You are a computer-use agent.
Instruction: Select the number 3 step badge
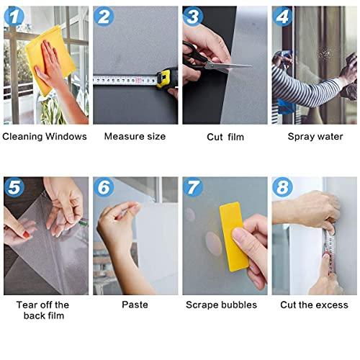click(x=193, y=17)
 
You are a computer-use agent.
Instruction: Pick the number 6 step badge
click(x=104, y=188)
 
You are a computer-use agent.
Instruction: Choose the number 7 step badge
click(x=193, y=188)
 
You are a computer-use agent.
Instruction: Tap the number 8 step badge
click(x=283, y=188)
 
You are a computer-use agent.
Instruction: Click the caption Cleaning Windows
click(x=45, y=136)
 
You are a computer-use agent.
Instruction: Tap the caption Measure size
click(x=135, y=136)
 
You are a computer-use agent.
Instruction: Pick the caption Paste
click(x=135, y=305)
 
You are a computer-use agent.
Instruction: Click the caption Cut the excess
click(x=314, y=305)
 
